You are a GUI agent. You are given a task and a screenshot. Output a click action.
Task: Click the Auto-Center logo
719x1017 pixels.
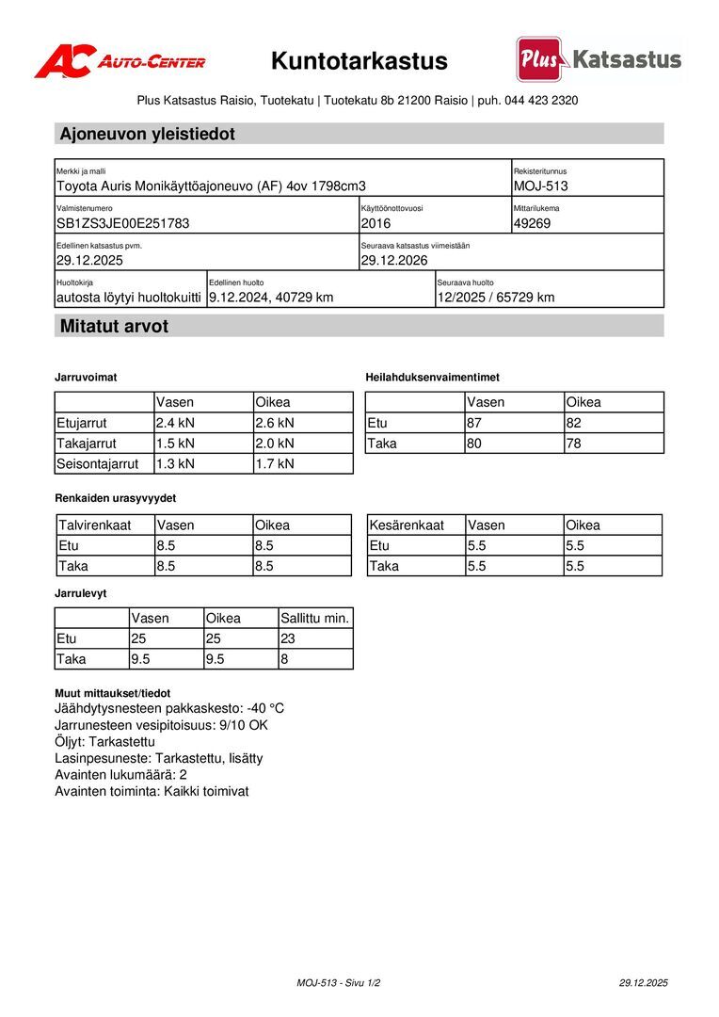pos(120,61)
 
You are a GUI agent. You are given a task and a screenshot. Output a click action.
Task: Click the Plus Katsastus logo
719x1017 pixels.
pos(599,59)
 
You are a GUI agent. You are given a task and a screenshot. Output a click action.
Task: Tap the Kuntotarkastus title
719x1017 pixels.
pos(359,61)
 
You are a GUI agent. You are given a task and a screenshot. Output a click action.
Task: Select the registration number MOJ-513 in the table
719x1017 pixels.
pos(541,186)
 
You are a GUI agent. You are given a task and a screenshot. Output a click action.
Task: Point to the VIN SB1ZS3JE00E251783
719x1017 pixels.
pos(123,223)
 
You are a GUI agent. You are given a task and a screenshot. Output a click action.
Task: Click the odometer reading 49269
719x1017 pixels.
pos(533,223)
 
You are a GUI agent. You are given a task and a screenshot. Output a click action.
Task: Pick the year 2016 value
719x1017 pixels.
pos(375,223)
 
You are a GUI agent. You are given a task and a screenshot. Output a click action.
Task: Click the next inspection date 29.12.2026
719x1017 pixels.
pos(394,260)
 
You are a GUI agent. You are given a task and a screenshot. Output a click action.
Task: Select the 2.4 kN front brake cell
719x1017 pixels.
pos(176,423)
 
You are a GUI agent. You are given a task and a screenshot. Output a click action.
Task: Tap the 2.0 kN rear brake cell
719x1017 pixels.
pos(275,444)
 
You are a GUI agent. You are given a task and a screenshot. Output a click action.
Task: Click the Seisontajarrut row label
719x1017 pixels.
pos(98,463)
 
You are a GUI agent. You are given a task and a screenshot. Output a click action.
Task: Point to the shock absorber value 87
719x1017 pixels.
pos(475,423)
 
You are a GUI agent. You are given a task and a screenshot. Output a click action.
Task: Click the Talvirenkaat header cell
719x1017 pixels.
pos(95,525)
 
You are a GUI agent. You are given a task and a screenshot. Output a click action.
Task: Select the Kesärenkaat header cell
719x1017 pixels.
pos(407,525)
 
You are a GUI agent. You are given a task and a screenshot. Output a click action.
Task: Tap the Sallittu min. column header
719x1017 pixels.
pos(314,619)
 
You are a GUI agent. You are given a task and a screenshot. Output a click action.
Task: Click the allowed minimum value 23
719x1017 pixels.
pos(288,639)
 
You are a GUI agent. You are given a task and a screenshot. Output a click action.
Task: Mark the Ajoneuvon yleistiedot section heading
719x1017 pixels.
pos(148,135)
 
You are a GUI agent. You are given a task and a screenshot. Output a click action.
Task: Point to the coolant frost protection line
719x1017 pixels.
pos(169,708)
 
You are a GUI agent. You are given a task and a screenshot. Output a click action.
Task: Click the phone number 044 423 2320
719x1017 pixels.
pos(541,100)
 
